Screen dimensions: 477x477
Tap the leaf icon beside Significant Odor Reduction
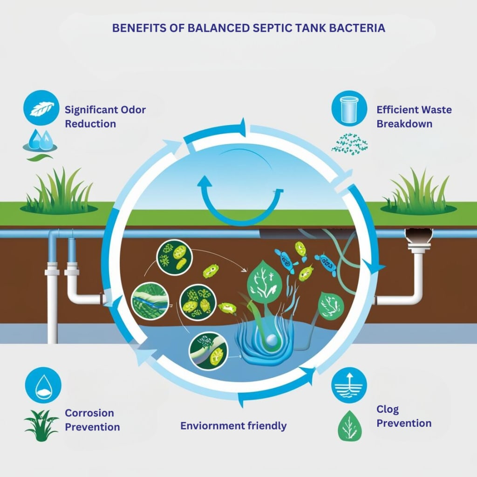point(41,108)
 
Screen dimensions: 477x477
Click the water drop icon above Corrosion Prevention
point(43,385)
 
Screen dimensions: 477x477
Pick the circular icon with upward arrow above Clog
point(349,385)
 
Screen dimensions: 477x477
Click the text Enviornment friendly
point(233,426)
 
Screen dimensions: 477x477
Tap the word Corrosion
point(89,413)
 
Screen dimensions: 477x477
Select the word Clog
point(388,409)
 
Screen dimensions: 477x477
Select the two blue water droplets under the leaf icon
point(40,140)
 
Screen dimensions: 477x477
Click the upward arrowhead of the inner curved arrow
point(204,183)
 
